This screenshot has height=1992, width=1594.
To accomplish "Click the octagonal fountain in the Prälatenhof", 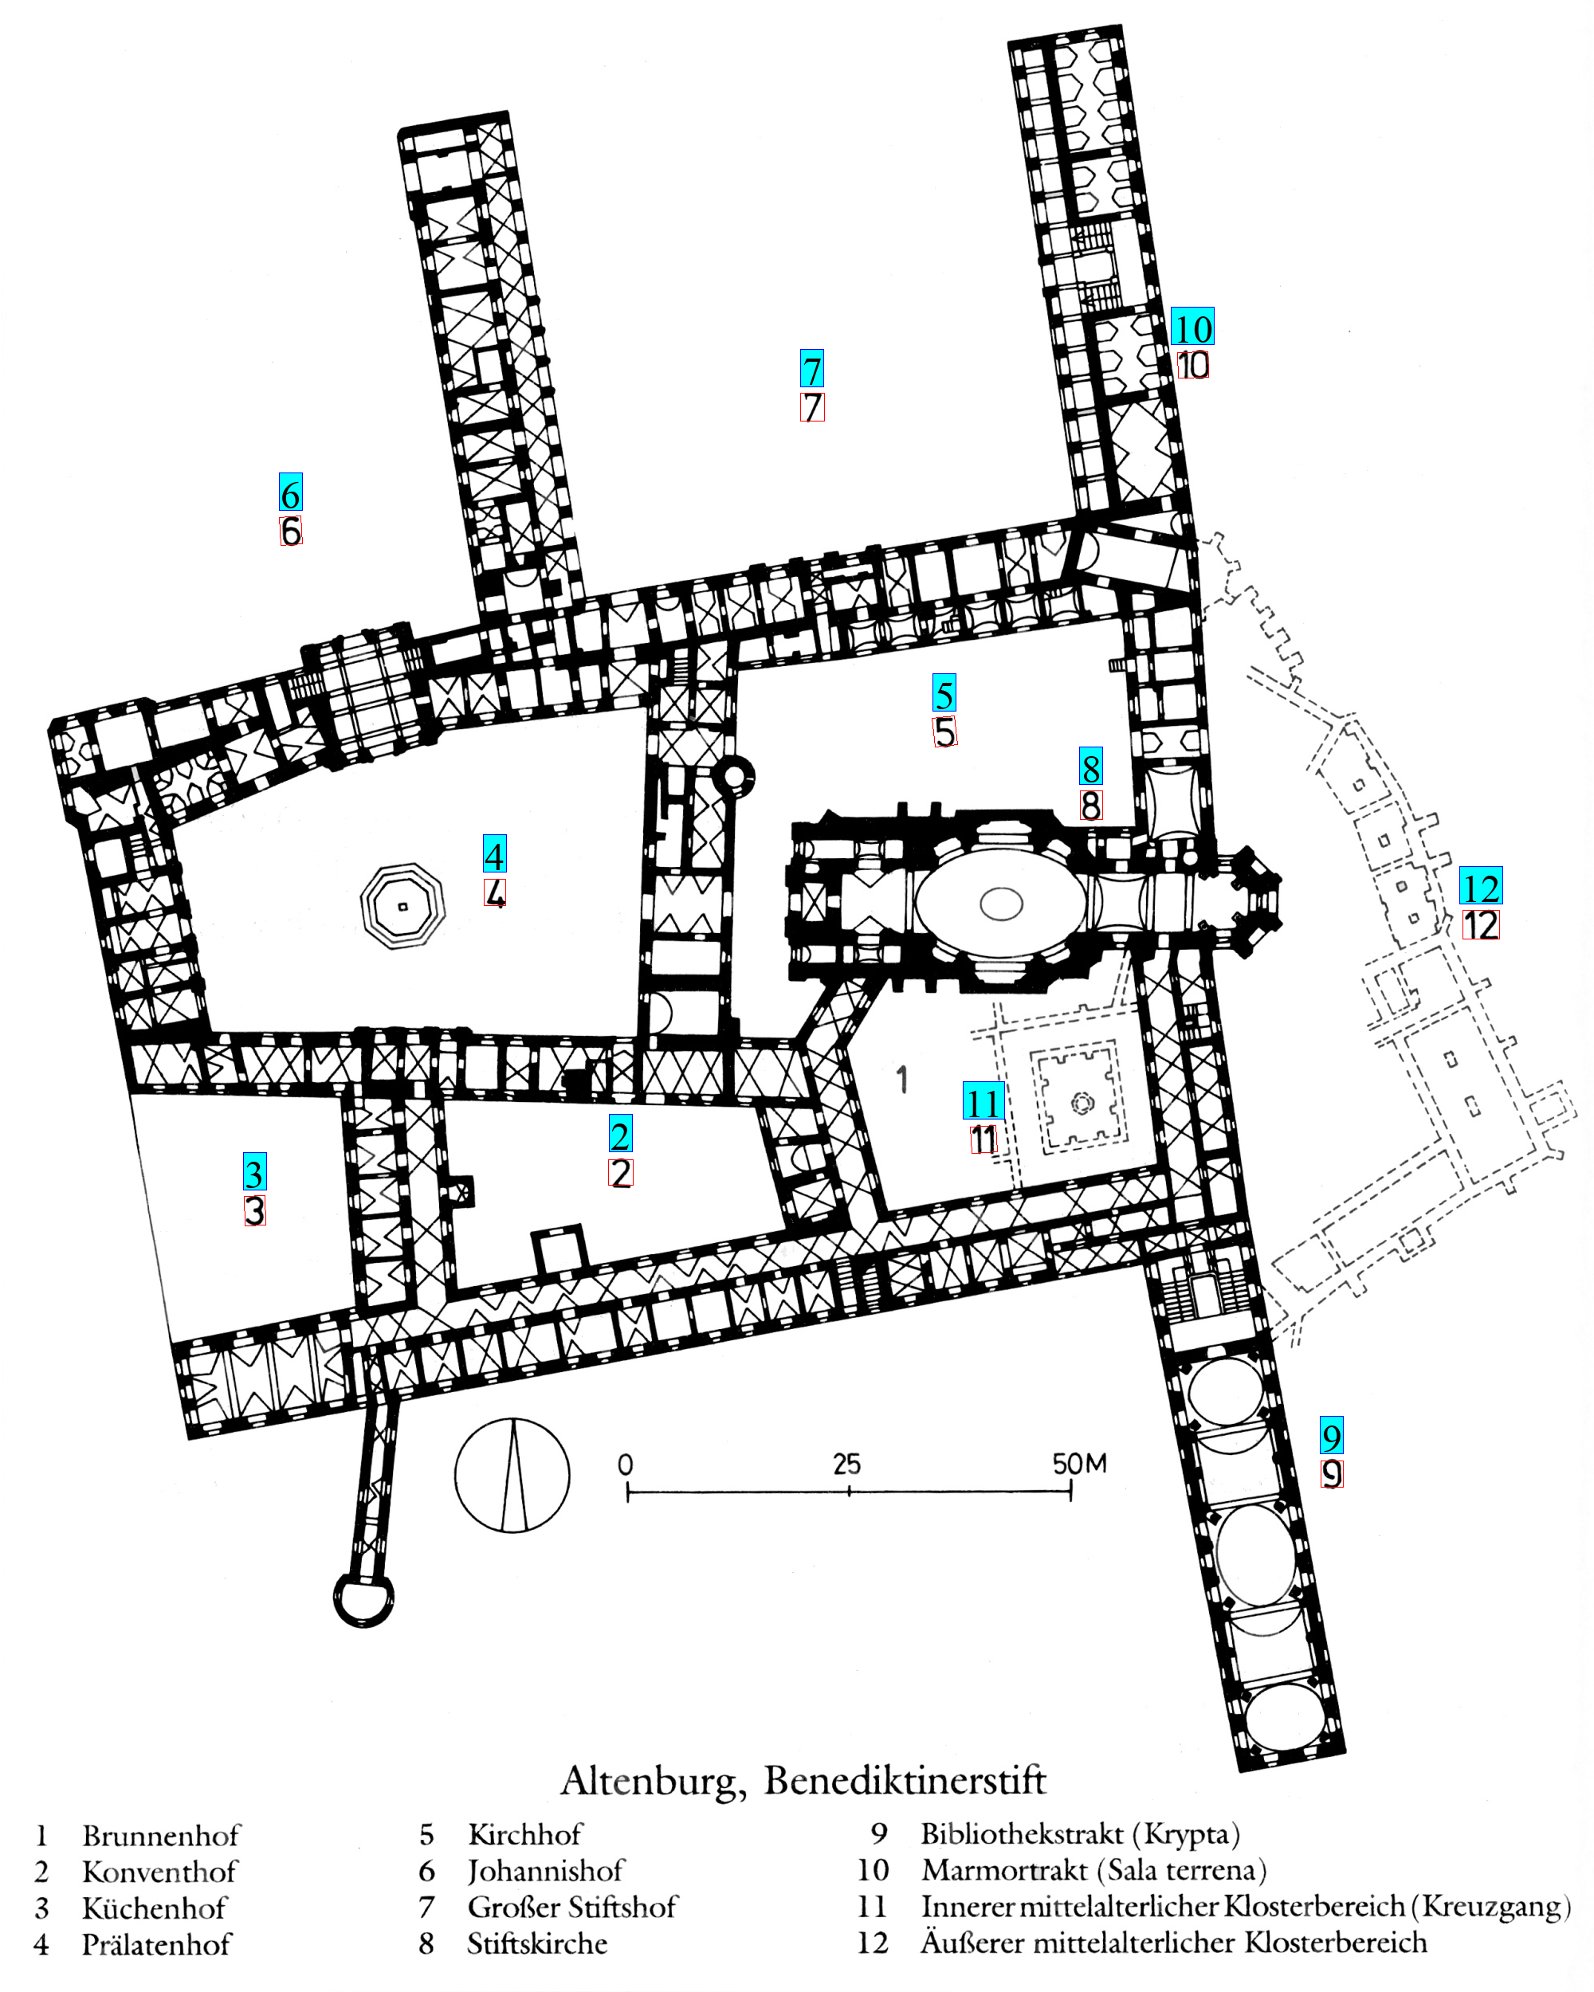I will [x=402, y=907].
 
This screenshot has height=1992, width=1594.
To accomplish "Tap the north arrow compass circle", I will [x=512, y=1476].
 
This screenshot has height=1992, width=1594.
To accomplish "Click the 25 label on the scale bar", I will [x=846, y=1465].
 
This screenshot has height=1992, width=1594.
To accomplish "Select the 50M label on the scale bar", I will [x=1078, y=1464].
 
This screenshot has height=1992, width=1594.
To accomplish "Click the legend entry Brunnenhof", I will [x=161, y=1835].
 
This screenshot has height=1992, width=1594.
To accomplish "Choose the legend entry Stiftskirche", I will [x=537, y=1944].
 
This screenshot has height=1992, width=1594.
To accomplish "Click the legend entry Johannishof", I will [x=546, y=1871].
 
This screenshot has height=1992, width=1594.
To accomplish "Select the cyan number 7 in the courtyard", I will [x=811, y=369].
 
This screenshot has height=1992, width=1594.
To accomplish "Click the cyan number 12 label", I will [x=1480, y=887].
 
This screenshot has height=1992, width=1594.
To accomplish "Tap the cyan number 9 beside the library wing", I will [x=1331, y=1436].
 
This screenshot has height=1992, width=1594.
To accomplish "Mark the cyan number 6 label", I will [x=290, y=492].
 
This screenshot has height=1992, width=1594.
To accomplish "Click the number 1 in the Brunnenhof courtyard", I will [x=902, y=1079].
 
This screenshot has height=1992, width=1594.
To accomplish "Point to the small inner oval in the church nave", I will [x=1001, y=903].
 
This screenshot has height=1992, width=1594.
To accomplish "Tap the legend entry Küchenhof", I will [x=155, y=1908].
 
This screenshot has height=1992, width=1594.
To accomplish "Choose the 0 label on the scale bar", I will [x=626, y=1465].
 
